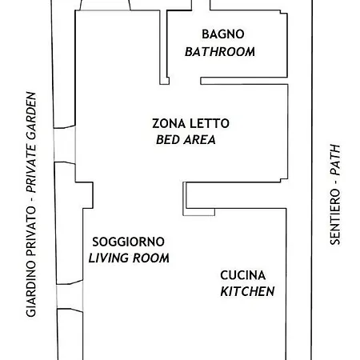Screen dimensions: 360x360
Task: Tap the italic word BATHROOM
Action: pos(220,52)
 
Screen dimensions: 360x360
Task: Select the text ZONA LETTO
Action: pos(190,124)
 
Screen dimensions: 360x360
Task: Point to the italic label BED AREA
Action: pos(186,140)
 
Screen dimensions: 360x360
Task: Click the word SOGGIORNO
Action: pos(128,242)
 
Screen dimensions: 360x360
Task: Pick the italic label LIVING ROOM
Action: pos(129,258)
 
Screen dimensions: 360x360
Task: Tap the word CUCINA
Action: pos(243,275)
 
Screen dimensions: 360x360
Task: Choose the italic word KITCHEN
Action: pos(247,291)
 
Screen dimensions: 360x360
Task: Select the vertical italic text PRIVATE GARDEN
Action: pos(31,144)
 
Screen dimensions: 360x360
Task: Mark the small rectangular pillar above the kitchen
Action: pos(186,194)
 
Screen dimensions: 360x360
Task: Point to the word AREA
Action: pos(199,140)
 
